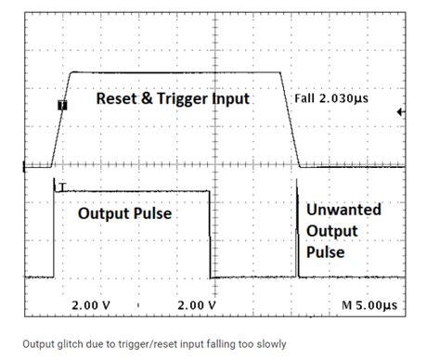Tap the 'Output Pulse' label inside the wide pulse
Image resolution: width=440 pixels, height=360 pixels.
125,213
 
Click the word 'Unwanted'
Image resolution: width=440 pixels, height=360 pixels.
343,209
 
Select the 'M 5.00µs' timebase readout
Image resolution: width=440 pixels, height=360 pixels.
369,303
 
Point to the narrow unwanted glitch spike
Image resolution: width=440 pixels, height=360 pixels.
297,232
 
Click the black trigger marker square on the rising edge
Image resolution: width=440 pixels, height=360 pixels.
61,106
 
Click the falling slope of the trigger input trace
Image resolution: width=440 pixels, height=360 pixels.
291,121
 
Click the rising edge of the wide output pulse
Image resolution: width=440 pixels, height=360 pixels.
55,232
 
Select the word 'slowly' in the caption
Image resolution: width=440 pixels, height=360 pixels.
268,342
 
